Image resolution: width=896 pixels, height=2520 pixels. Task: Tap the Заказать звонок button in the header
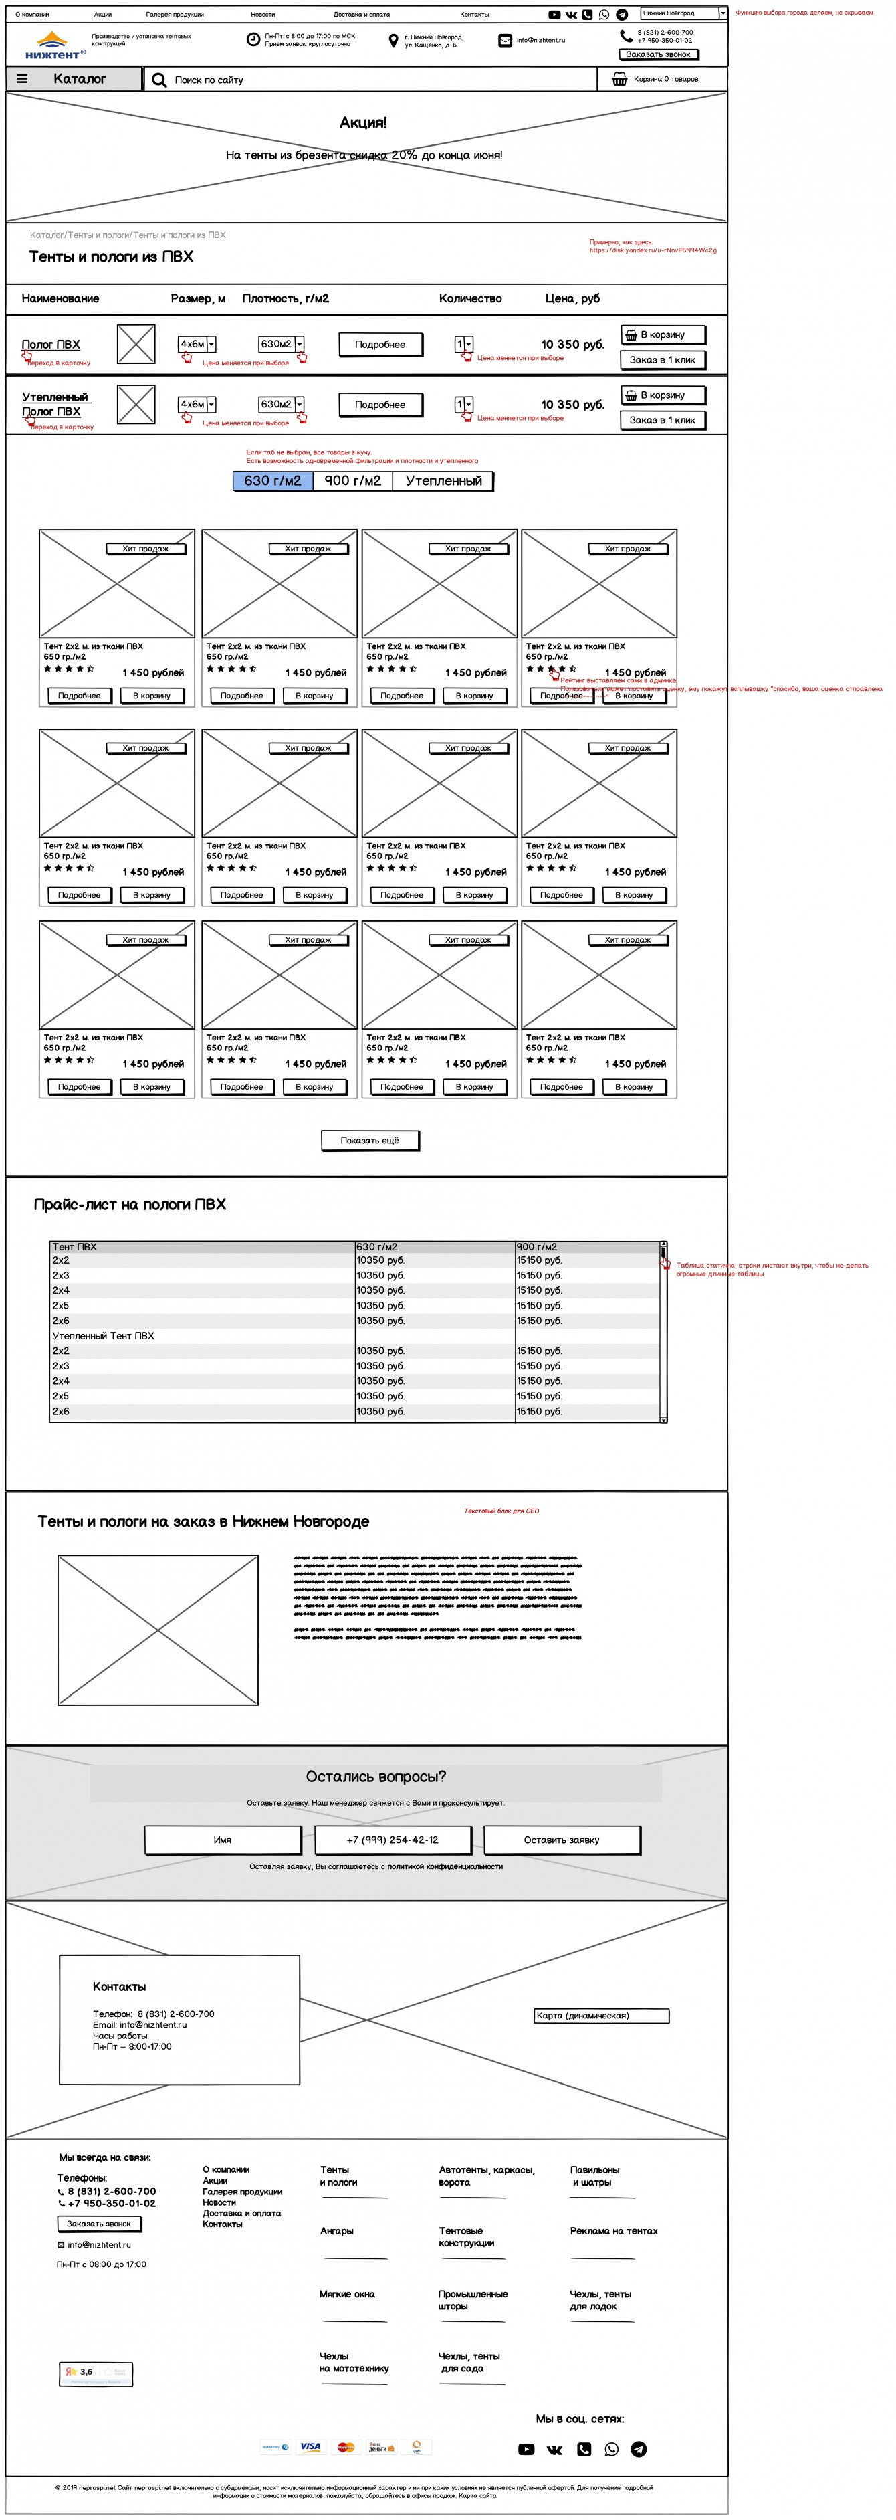point(659,55)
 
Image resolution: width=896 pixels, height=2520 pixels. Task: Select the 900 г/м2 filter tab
point(352,481)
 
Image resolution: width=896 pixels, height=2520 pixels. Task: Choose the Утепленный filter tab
point(443,481)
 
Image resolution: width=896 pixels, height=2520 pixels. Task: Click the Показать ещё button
point(370,1141)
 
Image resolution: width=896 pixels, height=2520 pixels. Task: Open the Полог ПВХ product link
point(51,345)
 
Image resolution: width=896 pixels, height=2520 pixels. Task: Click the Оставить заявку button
point(562,1840)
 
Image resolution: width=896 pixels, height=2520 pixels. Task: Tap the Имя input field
point(223,1840)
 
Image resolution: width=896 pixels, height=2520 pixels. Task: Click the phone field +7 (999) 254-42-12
point(393,1840)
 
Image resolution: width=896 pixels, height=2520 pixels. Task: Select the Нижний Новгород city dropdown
point(683,13)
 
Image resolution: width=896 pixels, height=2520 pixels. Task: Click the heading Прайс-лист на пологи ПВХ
point(130,1205)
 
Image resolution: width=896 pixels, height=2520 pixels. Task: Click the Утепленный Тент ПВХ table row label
point(104,1337)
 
